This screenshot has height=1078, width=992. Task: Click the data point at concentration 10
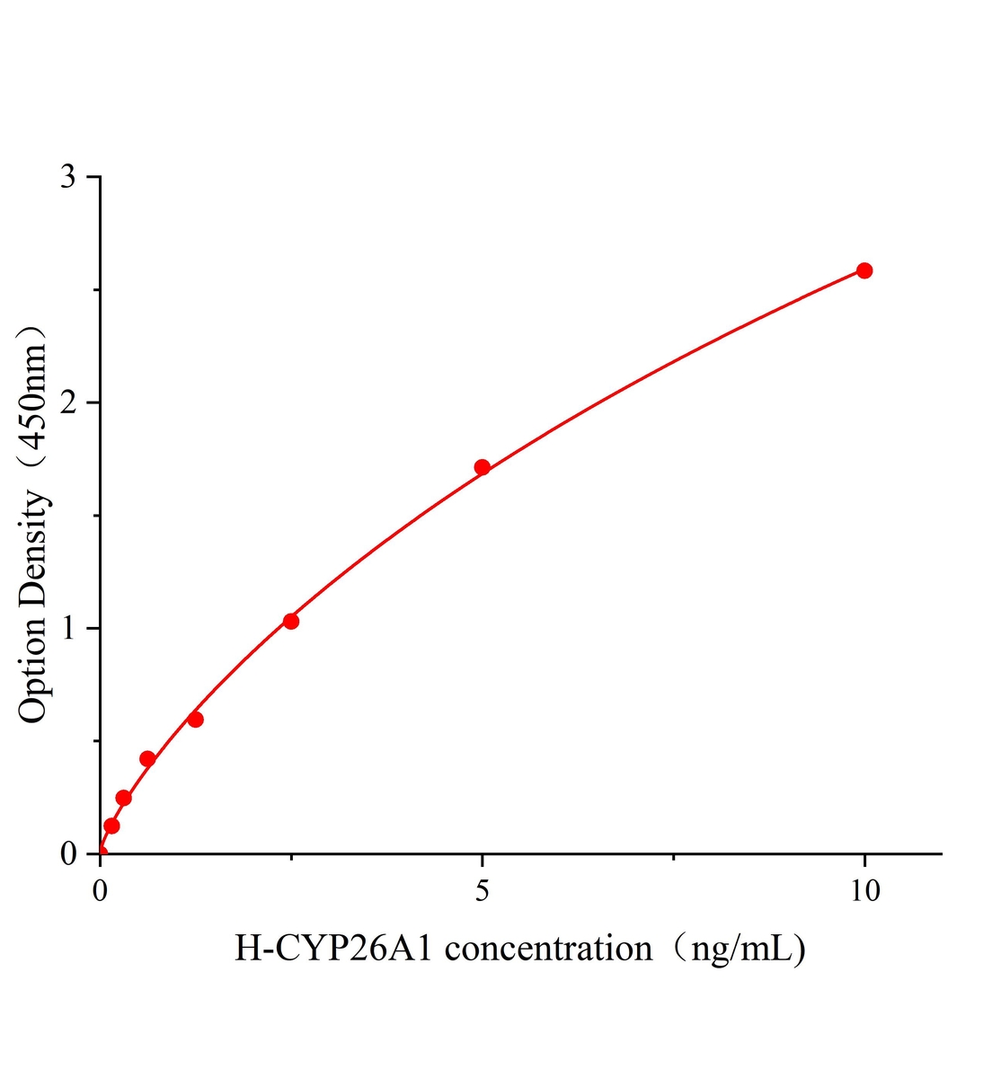click(x=864, y=270)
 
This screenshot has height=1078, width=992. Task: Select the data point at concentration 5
click(x=482, y=467)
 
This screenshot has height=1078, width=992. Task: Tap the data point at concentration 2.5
click(x=291, y=621)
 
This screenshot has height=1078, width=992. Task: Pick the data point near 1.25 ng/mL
click(x=195, y=720)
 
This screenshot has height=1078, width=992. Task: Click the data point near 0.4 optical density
click(x=147, y=759)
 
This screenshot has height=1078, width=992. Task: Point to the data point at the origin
click(x=101, y=853)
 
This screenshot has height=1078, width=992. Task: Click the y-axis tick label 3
click(x=68, y=177)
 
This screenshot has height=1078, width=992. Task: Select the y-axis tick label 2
click(x=68, y=402)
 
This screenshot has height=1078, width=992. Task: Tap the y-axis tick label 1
click(x=68, y=628)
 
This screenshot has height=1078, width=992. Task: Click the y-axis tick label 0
click(x=68, y=853)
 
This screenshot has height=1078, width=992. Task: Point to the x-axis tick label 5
click(x=483, y=890)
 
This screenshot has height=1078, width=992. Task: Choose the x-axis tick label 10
click(x=864, y=890)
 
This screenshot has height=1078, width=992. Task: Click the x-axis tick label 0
click(x=101, y=890)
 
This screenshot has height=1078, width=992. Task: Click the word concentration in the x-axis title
click(x=549, y=949)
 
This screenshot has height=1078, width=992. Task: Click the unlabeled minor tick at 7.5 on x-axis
click(x=674, y=858)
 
